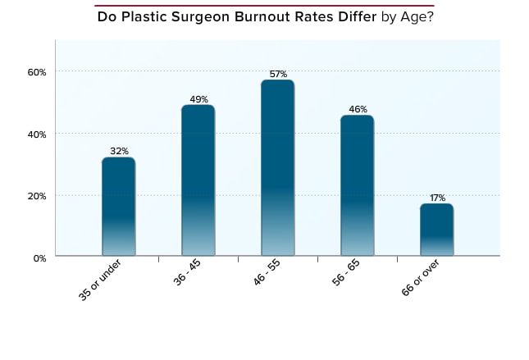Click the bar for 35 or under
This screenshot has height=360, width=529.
coord(118,207)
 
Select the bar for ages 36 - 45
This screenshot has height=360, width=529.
coord(198,180)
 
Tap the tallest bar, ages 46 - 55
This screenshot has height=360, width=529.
coord(277,168)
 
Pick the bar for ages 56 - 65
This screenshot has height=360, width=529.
coord(357,185)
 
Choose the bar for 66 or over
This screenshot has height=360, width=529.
coord(436,230)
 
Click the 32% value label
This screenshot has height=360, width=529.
coord(118,151)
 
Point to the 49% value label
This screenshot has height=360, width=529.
coord(198,98)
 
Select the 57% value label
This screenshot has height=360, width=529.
coord(277,74)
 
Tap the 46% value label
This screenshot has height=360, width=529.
coord(357,109)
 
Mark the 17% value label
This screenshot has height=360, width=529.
coord(436,198)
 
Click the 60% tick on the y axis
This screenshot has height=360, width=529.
coord(36,71)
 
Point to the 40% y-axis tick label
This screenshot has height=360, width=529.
coord(36,134)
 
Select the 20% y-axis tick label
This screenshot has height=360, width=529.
coord(36,196)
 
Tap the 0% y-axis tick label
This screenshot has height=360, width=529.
coord(39,257)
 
